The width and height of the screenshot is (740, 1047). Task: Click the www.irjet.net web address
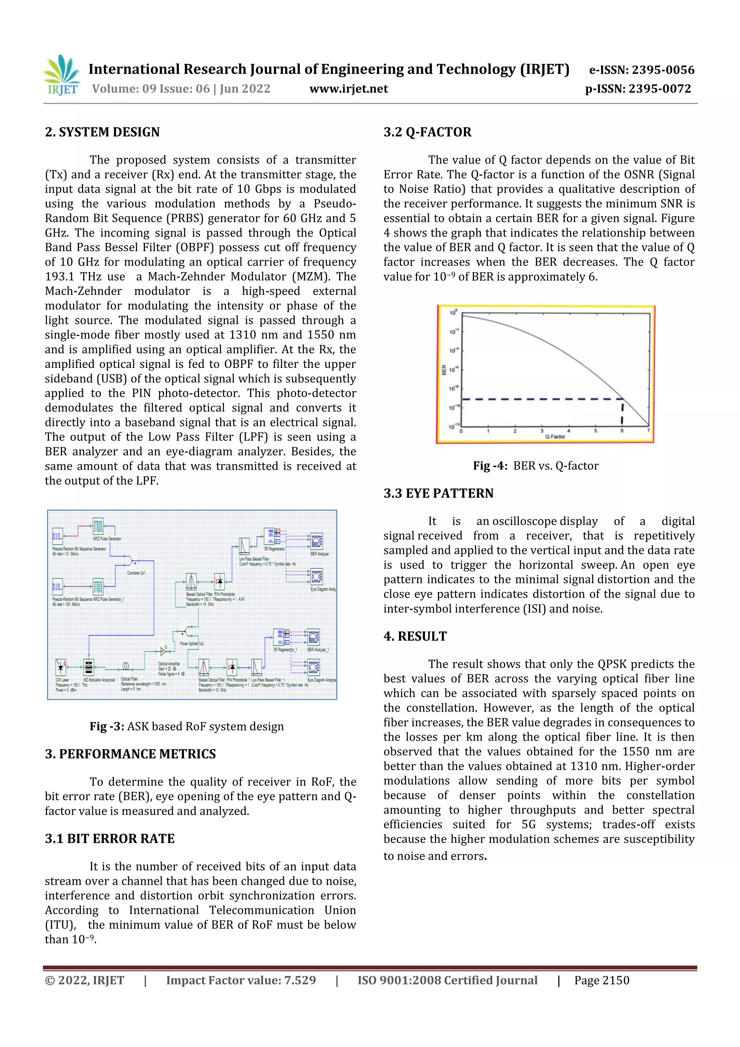coord(348,89)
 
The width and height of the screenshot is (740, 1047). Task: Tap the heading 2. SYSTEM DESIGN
coord(102,132)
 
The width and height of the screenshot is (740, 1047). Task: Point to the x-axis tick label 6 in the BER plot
coord(622,430)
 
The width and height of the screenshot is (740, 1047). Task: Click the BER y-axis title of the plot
coord(444,369)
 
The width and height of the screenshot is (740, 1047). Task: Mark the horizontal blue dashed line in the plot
coord(538,399)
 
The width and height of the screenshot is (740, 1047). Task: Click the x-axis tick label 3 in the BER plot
coord(542,430)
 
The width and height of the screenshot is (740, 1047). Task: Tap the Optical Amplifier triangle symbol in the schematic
coord(163,651)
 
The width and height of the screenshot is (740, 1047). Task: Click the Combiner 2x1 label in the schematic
coord(136,573)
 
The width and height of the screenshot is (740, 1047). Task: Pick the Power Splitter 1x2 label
coord(192,643)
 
